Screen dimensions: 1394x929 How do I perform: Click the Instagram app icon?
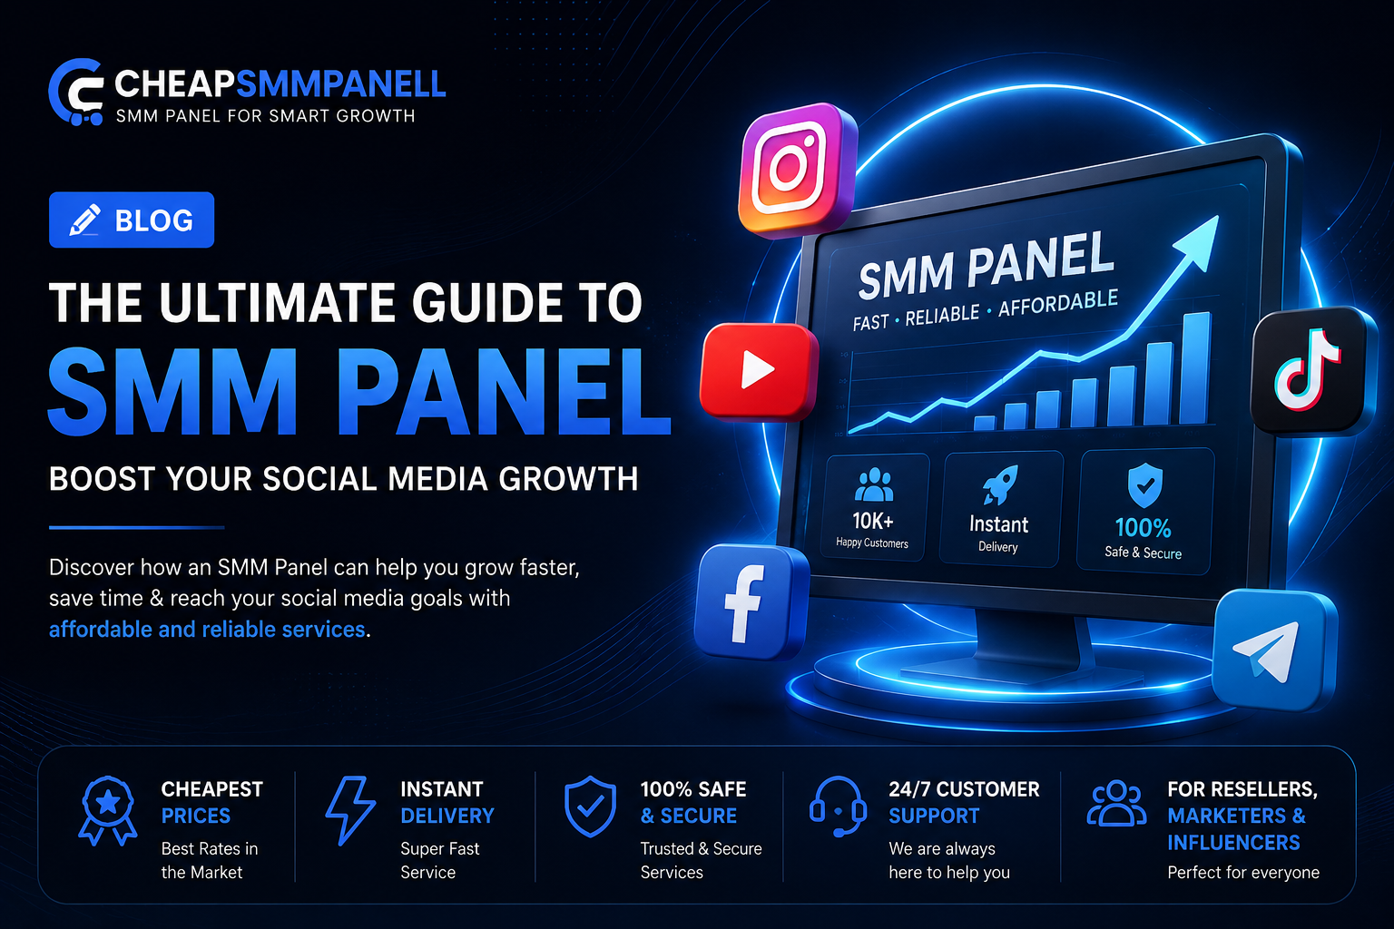[x=797, y=170]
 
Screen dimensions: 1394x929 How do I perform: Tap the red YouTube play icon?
[x=758, y=371]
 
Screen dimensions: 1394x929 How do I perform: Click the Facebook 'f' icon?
[x=750, y=601]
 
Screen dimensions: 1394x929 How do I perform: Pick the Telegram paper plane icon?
[x=1272, y=650]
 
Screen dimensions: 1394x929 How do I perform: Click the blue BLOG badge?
[x=132, y=220]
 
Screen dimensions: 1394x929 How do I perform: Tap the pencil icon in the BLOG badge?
[x=84, y=220]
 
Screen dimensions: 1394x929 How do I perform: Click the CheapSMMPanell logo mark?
[x=76, y=93]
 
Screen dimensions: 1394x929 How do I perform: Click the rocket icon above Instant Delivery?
[x=999, y=484]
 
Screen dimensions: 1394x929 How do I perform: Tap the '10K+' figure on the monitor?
[x=872, y=520]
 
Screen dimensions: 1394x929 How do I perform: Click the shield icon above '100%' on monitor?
[x=1144, y=484]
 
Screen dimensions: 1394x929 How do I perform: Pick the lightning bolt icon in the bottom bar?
[x=349, y=810]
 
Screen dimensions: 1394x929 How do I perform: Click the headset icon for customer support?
[x=838, y=807]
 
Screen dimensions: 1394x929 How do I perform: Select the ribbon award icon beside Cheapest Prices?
[x=108, y=810]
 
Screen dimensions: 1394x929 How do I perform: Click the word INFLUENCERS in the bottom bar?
[x=1233, y=843]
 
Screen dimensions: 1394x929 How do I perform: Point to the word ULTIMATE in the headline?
[x=278, y=303]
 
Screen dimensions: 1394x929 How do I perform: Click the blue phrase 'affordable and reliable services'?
[x=207, y=630]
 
